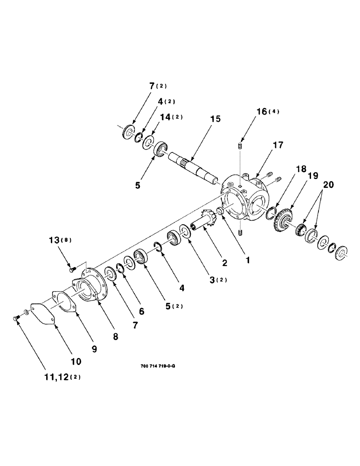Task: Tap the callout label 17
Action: point(278,145)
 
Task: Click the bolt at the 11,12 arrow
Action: point(15,318)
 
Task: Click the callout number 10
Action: point(76,361)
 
